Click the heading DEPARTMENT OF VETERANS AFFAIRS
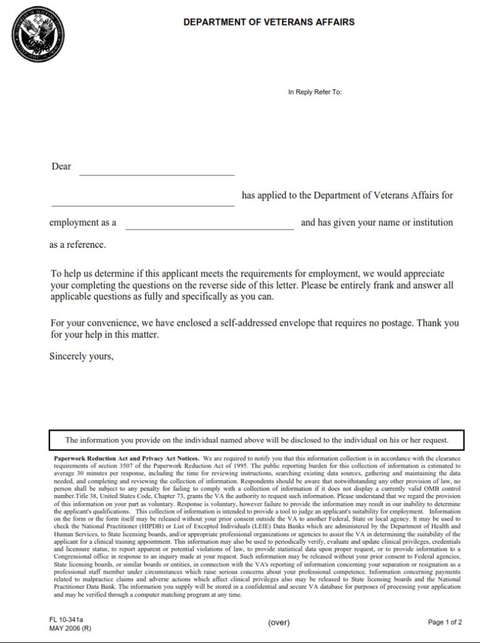tap(269, 22)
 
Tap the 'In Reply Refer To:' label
tap(314, 92)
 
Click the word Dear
tap(61, 167)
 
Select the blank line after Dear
tap(156, 174)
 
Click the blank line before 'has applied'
tap(142, 204)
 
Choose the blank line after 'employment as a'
tap(209, 228)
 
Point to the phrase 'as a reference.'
tap(77, 245)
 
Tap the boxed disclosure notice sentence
tap(256, 440)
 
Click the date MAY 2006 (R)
tap(70, 629)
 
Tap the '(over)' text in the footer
tap(279, 622)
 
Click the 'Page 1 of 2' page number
tap(445, 622)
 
